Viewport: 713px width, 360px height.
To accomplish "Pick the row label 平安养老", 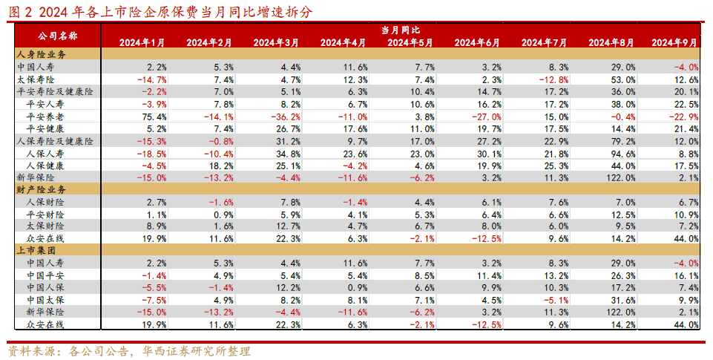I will pos(46,116).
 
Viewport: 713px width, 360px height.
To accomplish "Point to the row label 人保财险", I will pos(46,201).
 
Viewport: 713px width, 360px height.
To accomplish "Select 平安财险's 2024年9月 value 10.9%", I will pos(685,214).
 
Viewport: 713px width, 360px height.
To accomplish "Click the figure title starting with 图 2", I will pos(160,11).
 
